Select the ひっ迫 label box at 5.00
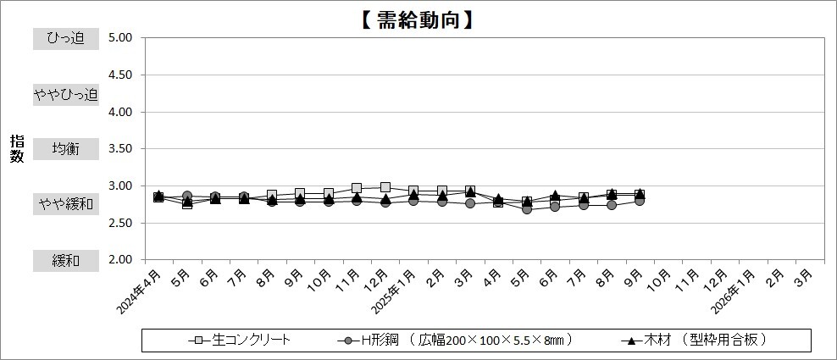pos(65,38)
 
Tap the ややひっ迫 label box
pos(65,94)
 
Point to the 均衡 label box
pos(65,149)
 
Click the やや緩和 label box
pos(65,204)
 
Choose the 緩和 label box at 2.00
pos(65,261)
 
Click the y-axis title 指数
pos(17,149)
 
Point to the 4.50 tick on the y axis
pos(119,75)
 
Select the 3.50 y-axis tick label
pos(119,149)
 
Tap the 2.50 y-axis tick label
pos(119,223)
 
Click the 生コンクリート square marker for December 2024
pos(385,187)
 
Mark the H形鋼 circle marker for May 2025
pos(527,208)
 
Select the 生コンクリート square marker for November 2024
pos(357,188)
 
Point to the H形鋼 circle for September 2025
pos(640,201)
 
